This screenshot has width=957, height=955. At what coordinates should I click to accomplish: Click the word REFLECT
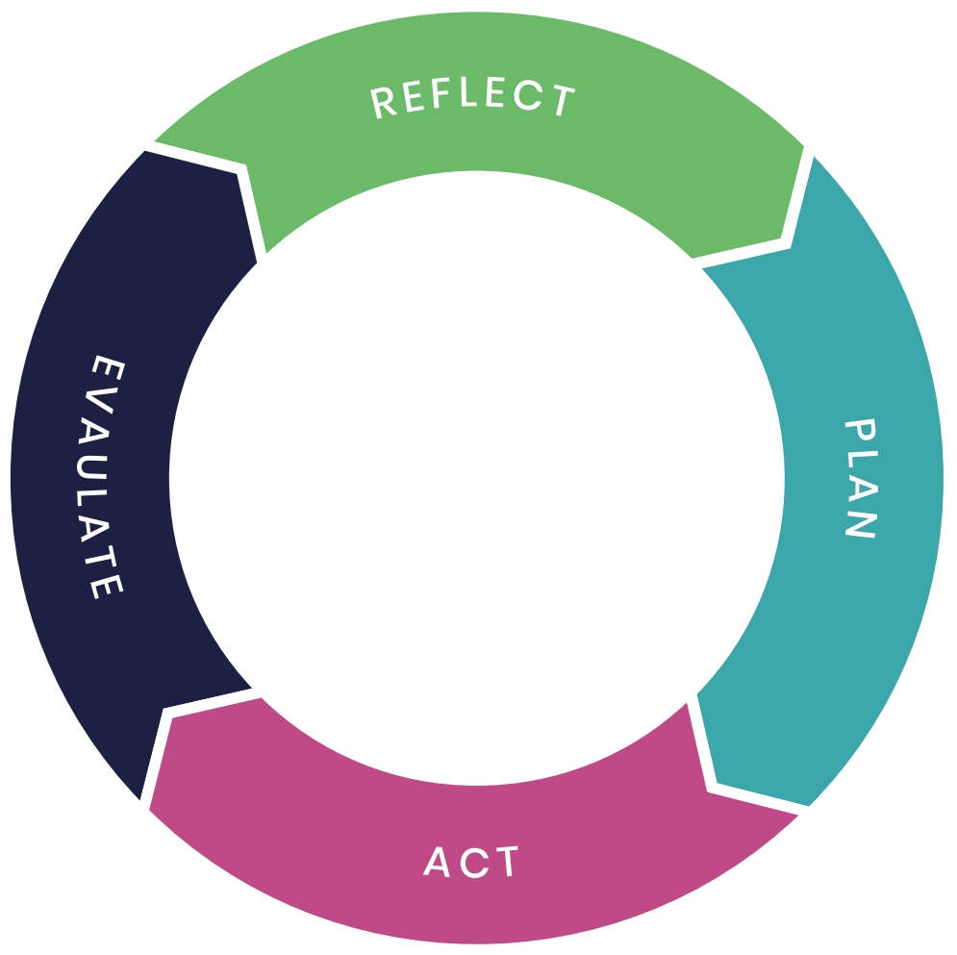(x=473, y=100)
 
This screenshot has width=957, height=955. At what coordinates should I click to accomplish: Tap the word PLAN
(x=859, y=478)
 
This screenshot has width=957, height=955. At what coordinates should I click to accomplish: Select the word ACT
(x=471, y=863)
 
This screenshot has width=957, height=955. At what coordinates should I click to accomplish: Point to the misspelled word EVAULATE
(x=105, y=478)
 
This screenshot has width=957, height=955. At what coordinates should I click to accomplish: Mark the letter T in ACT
(x=506, y=863)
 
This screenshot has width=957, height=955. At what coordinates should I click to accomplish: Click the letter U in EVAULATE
(x=105, y=461)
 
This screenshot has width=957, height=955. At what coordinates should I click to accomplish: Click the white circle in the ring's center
(x=477, y=478)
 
